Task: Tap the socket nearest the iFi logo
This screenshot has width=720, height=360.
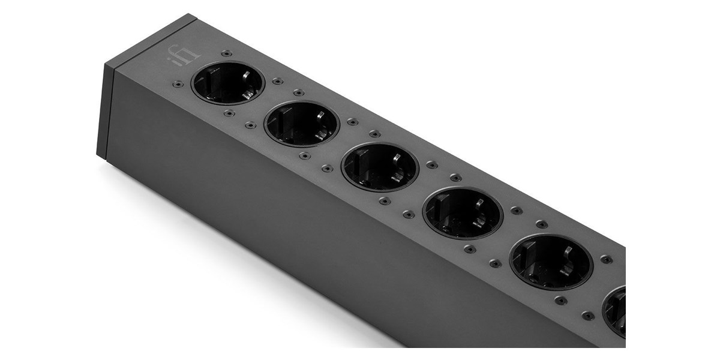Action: [228, 83]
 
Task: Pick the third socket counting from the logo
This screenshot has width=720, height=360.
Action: [380, 167]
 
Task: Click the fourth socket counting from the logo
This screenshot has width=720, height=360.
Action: [463, 213]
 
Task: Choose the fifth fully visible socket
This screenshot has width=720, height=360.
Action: [551, 262]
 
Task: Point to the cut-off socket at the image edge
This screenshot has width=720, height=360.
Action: [614, 312]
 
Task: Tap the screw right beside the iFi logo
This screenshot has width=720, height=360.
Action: [227, 53]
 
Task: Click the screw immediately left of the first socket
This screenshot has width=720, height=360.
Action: [178, 84]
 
